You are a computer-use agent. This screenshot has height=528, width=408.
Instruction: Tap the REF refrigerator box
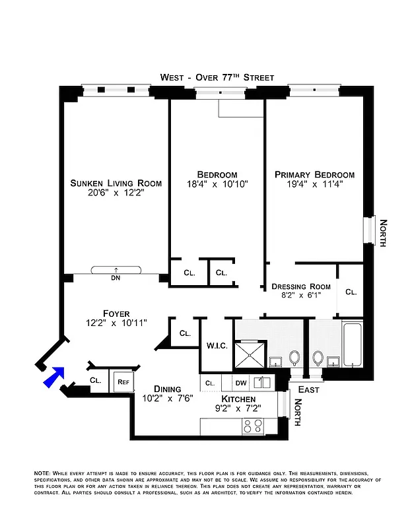click(x=122, y=381)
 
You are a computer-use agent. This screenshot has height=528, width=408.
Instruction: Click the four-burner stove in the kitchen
click(x=253, y=427)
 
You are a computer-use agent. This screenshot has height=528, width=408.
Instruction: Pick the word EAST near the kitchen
click(x=308, y=390)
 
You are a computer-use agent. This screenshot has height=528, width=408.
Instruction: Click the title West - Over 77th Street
click(x=217, y=77)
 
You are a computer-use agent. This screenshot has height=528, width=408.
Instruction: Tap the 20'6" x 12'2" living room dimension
click(x=116, y=193)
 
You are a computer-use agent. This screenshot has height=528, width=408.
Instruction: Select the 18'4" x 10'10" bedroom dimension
click(x=217, y=185)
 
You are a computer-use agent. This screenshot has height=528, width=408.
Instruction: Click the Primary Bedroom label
click(x=314, y=175)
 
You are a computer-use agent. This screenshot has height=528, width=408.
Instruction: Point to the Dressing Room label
click(x=301, y=286)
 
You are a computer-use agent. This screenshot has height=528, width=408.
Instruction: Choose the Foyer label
click(x=116, y=313)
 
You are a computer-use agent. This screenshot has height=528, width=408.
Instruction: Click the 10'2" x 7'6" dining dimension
click(x=168, y=399)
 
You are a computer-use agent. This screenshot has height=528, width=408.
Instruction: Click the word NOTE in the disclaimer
click(x=42, y=474)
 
